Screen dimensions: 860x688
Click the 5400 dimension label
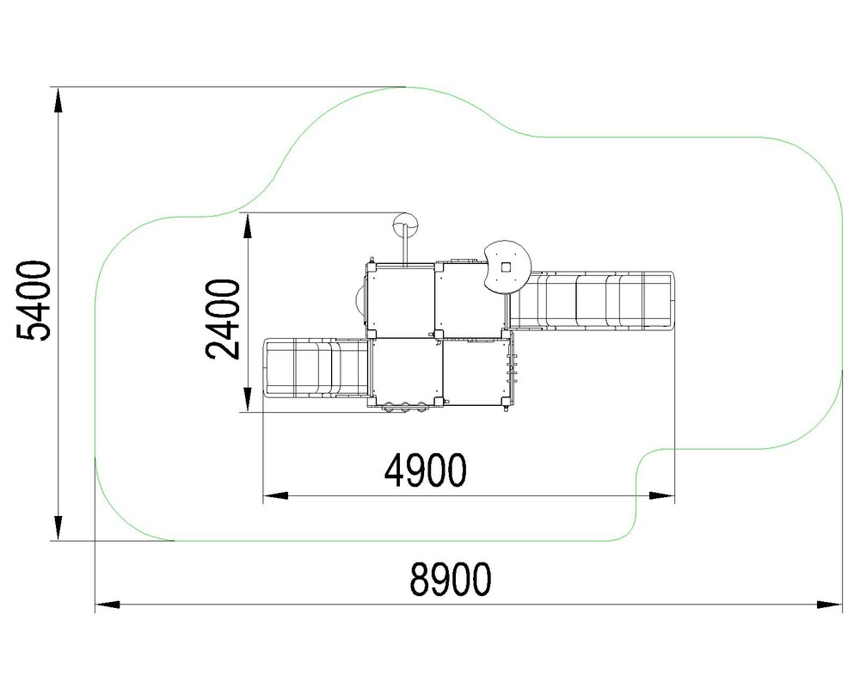(x=34, y=301)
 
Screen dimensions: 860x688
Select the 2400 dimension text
(x=224, y=319)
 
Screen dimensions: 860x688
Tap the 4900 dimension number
(x=426, y=470)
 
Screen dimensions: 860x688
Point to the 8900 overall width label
(x=451, y=580)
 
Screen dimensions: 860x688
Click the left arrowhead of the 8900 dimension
(x=107, y=605)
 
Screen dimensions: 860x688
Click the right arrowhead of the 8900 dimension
(x=829, y=605)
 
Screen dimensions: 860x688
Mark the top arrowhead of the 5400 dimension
(x=57, y=101)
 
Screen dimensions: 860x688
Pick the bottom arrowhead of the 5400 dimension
(x=57, y=528)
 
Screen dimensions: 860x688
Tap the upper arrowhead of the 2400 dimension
(x=248, y=226)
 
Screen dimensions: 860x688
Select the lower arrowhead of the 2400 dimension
(x=248, y=399)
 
